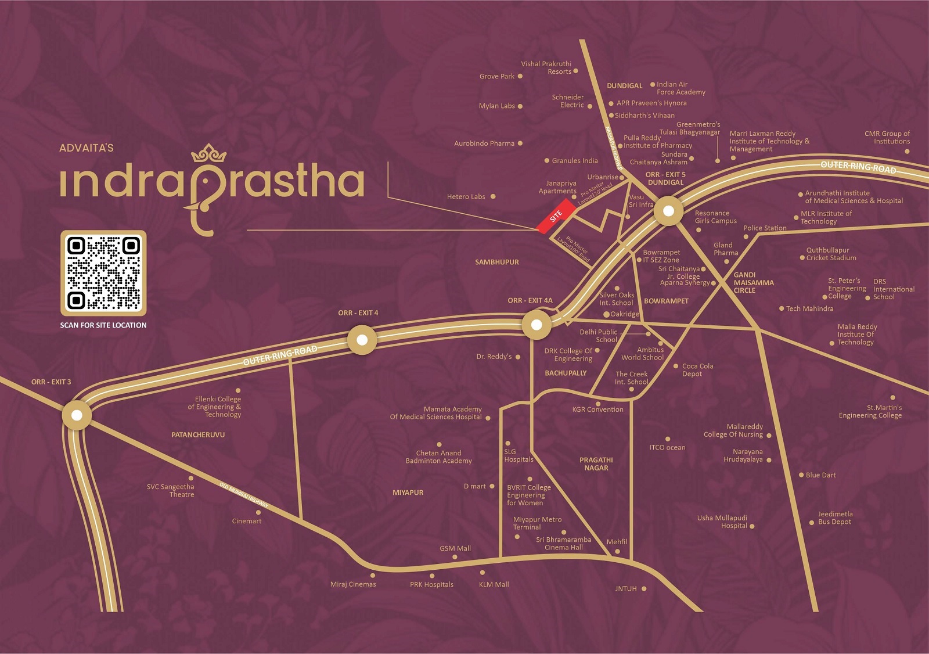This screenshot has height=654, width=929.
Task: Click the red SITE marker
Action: coord(556,216)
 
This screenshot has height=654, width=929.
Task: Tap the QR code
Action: coord(103,273)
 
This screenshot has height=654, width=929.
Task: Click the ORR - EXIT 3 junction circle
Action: coord(77,415)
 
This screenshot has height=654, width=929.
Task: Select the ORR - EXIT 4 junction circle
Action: coord(362,340)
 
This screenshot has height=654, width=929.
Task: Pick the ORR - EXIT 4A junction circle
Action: coord(536,325)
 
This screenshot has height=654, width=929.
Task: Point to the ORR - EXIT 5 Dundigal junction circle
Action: coord(668,211)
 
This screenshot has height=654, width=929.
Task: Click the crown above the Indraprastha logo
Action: coord(208,153)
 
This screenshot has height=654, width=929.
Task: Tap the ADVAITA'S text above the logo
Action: coord(87,148)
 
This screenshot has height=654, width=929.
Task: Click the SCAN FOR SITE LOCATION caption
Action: coord(103,325)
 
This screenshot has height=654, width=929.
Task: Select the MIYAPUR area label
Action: coord(408,493)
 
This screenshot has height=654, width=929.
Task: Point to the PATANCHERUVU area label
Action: coord(198,434)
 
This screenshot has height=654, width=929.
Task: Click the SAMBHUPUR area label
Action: coord(497,262)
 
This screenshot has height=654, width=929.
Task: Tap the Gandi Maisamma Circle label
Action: coord(753,283)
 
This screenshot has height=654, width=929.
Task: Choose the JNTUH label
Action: coord(626,589)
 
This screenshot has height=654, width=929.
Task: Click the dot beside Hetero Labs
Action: coord(493,196)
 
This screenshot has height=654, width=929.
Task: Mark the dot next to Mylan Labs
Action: coord(520,106)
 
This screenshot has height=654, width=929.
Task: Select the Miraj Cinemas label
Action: coord(353,584)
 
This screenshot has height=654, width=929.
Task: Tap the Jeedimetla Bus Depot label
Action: coord(835,518)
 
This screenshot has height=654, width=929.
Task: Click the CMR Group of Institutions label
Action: coord(887,138)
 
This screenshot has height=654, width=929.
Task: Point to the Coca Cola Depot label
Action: coord(697,370)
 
